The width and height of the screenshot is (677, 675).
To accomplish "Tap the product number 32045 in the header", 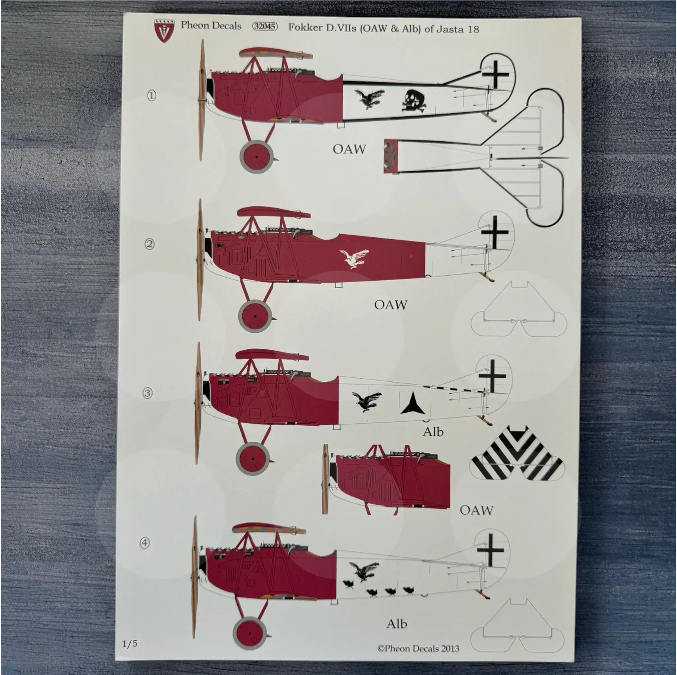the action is [x=265, y=27].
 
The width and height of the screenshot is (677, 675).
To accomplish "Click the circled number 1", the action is [x=151, y=96].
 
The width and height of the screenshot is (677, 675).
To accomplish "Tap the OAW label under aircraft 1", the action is [x=349, y=149].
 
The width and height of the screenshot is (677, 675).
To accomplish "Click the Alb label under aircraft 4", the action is [x=397, y=624].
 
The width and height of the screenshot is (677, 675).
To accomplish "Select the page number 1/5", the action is [x=130, y=643].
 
